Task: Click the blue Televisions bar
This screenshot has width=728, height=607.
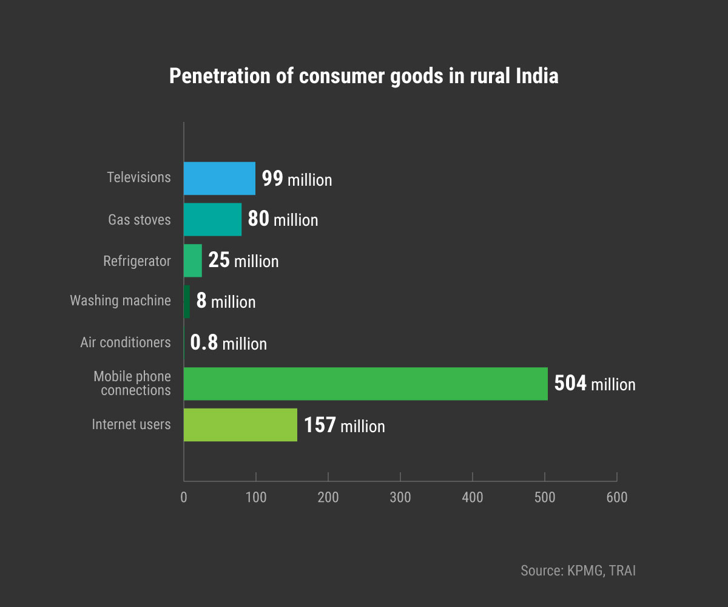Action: (219, 178)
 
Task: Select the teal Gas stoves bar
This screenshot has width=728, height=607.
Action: (212, 220)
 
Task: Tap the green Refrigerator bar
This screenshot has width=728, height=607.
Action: (193, 260)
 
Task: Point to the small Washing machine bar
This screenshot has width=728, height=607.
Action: (187, 302)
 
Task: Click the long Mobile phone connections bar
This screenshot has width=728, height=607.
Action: (365, 384)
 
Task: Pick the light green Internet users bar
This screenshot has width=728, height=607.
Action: (240, 425)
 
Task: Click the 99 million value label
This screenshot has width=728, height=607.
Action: (297, 179)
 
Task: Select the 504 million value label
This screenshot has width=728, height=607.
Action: (595, 384)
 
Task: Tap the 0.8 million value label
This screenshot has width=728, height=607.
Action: (228, 343)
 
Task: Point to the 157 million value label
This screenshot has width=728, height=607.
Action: (344, 425)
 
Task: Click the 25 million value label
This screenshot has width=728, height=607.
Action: (243, 260)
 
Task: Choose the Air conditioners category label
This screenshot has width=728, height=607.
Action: (126, 342)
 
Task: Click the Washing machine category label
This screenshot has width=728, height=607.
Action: (120, 300)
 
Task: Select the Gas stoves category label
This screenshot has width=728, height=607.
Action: (139, 219)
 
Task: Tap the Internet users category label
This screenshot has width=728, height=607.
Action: (131, 424)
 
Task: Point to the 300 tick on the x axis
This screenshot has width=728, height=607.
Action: (400, 497)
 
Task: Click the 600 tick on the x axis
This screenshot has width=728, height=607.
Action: (616, 497)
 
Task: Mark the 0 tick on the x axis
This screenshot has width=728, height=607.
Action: (184, 497)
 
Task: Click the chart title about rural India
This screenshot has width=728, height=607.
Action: (363, 77)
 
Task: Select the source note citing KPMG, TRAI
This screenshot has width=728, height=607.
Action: (578, 571)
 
